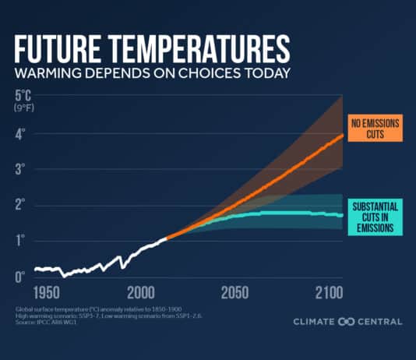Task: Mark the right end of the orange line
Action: pyautogui.click(x=342, y=136)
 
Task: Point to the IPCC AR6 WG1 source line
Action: pyautogui.click(x=48, y=322)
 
